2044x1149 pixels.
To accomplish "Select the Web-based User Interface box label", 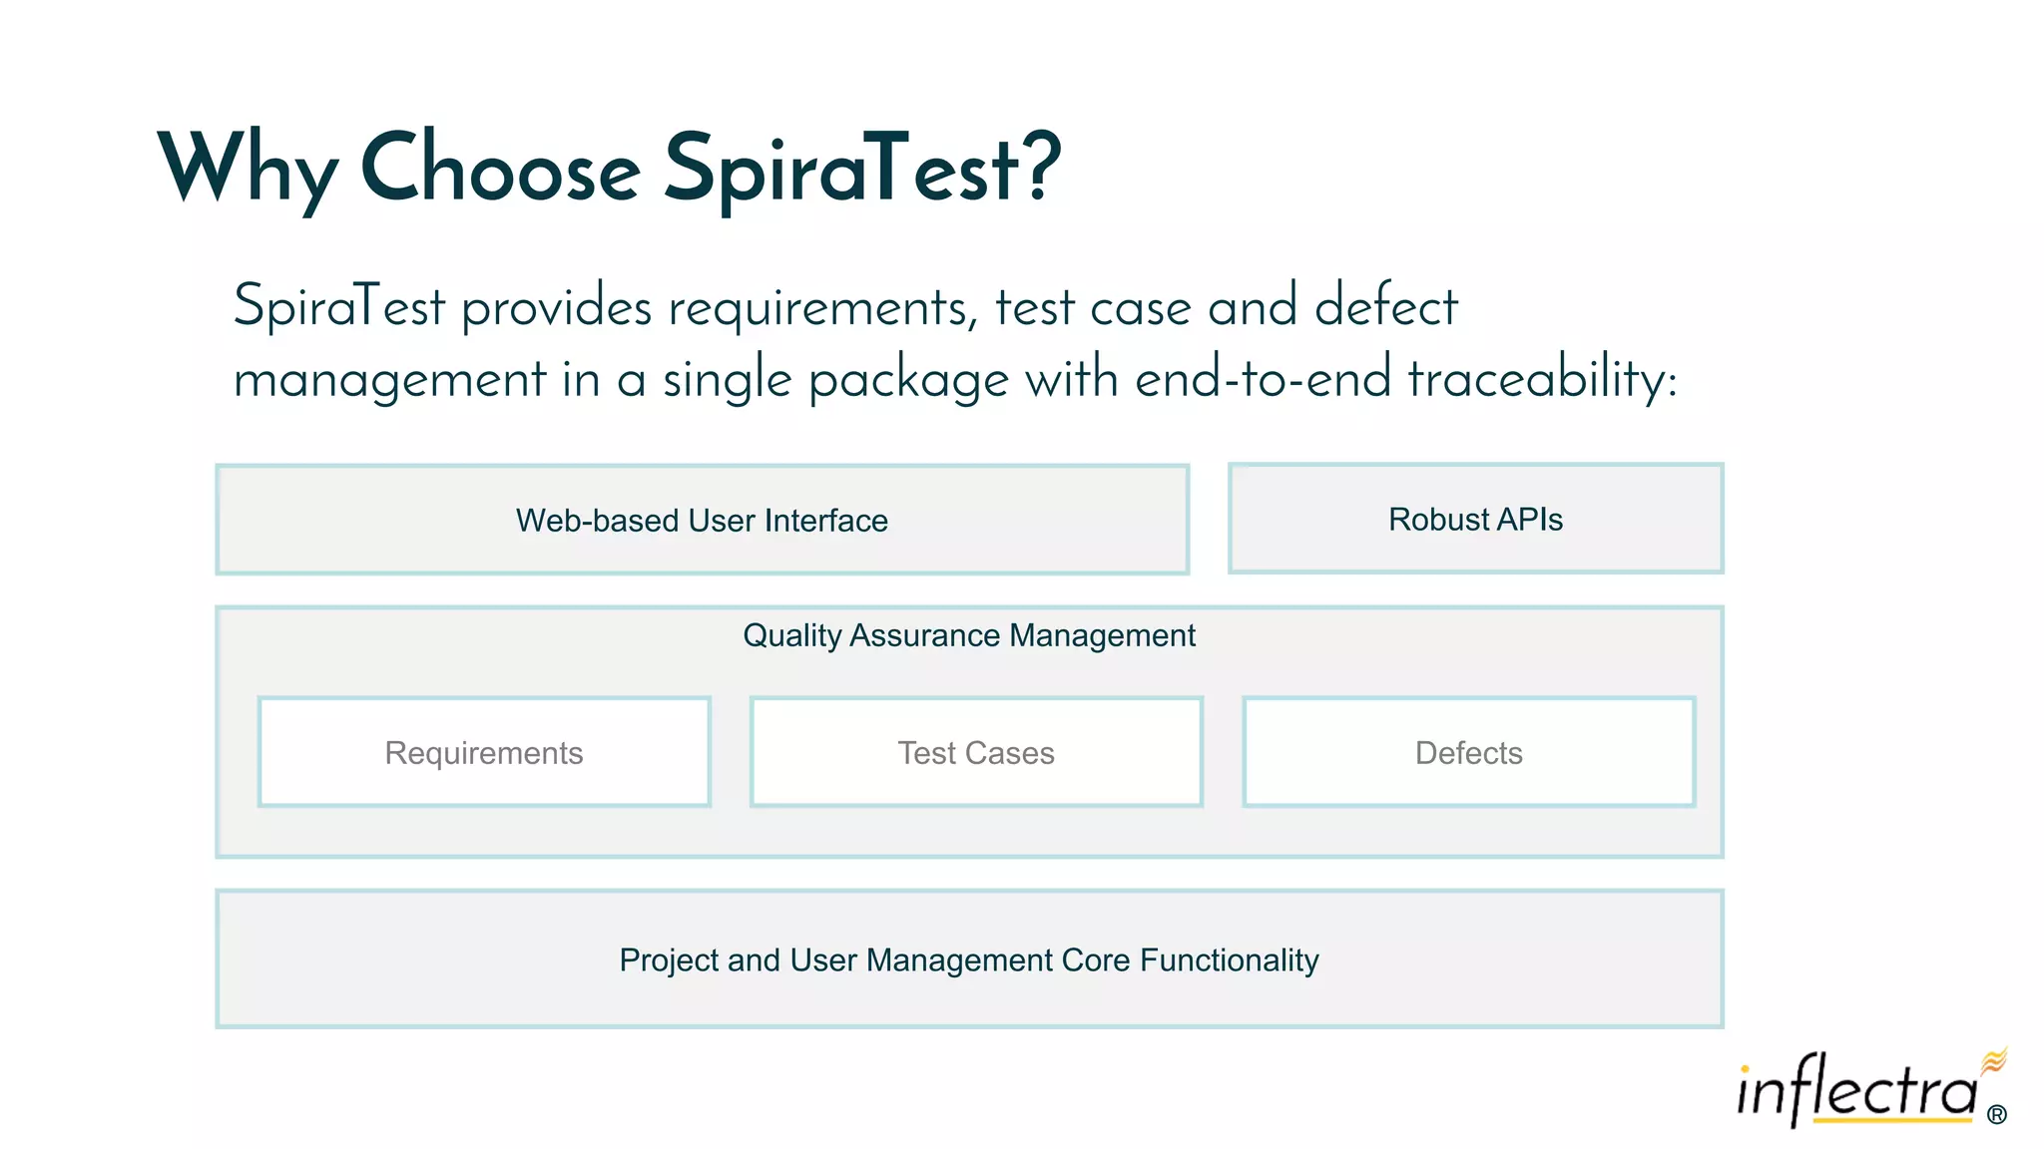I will (702, 521).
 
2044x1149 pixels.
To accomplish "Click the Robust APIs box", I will (1475, 520).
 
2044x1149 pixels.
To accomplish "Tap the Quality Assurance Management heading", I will (968, 635).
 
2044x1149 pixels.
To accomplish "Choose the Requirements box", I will (484, 753).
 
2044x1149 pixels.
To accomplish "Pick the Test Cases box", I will (976, 753).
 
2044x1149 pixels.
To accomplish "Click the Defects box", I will (1468, 753).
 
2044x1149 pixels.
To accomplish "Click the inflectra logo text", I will (1856, 1092).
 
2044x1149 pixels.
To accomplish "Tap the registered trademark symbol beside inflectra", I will (1996, 1115).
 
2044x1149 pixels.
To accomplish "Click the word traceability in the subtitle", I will (1542, 380).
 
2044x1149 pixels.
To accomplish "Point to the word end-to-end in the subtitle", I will (1263, 380).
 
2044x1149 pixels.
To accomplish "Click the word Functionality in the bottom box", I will (1229, 959).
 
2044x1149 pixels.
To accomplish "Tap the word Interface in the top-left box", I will (825, 521).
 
